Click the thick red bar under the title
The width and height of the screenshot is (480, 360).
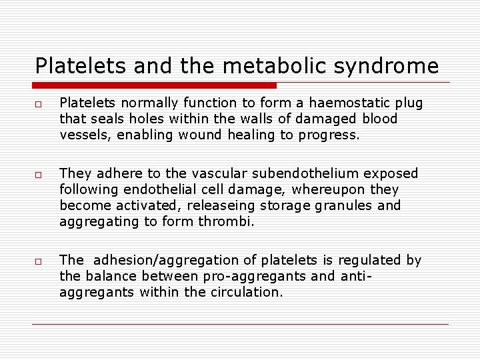point(155,85)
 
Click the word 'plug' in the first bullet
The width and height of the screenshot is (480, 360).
point(409,103)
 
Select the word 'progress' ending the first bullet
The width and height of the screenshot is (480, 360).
point(331,135)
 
